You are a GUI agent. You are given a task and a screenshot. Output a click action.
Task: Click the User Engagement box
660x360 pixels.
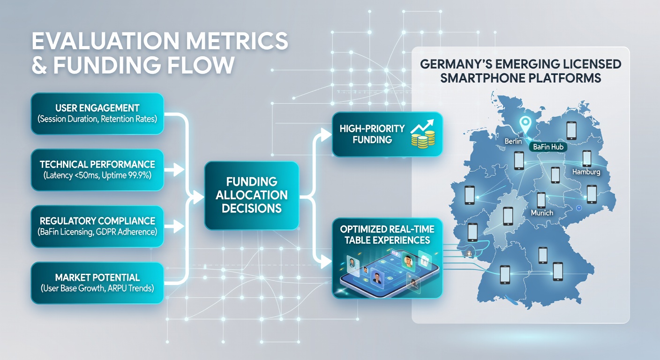97,114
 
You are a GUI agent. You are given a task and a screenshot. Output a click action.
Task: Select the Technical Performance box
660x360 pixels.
97,170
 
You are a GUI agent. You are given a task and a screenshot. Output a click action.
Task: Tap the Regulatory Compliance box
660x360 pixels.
97,226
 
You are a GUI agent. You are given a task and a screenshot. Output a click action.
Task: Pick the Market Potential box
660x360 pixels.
97,283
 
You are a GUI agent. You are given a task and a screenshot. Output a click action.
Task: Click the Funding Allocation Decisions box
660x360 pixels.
252,195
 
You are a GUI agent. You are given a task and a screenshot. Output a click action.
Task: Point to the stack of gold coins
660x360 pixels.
423,139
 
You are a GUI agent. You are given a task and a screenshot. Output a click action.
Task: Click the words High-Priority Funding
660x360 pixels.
372,134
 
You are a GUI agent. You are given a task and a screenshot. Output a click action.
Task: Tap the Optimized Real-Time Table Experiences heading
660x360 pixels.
387,234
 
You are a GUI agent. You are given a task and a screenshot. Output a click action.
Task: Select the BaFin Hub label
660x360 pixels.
548,147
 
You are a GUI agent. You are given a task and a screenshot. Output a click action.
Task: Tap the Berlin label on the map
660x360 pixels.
513,142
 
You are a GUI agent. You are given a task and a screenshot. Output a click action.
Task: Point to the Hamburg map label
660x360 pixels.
586,172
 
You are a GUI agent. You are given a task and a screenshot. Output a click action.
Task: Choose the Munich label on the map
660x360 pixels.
542,213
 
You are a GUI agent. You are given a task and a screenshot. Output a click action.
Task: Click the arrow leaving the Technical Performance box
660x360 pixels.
174,169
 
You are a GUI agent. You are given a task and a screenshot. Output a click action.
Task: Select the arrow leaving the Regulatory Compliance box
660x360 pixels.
174,226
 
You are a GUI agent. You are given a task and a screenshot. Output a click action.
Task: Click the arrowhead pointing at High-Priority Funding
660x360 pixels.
326,135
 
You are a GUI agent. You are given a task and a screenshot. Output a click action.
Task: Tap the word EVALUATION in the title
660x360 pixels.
105,41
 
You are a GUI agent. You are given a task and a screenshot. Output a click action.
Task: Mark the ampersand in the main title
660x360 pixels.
39,65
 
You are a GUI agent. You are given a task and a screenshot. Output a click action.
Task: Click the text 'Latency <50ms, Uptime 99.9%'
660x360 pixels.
97,175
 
